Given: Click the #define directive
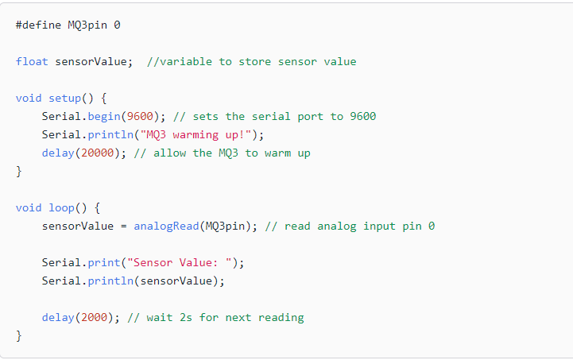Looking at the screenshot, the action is (38, 25).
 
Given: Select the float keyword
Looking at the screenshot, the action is (32, 61).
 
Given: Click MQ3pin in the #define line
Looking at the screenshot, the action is (87, 25).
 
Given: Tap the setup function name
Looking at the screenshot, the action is (64, 99).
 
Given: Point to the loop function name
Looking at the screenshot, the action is (61, 208).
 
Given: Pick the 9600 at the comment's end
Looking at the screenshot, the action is (363, 116).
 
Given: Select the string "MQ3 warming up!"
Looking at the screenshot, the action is (199, 135).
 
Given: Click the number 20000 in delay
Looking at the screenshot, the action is (97, 153).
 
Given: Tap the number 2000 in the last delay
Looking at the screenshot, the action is (94, 317).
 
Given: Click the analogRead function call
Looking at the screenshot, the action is (166, 226).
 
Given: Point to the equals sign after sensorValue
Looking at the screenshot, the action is (124, 226).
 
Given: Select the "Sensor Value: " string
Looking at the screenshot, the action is (180, 263).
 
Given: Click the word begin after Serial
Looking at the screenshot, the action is (104, 117).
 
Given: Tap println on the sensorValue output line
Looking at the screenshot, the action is (110, 281).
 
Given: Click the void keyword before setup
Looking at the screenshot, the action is (29, 98).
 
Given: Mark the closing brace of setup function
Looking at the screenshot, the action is (19, 172).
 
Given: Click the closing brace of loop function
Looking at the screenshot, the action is (19, 336).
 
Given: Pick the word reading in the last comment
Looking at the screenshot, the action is (281, 318).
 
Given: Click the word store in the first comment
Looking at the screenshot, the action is (254, 61).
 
